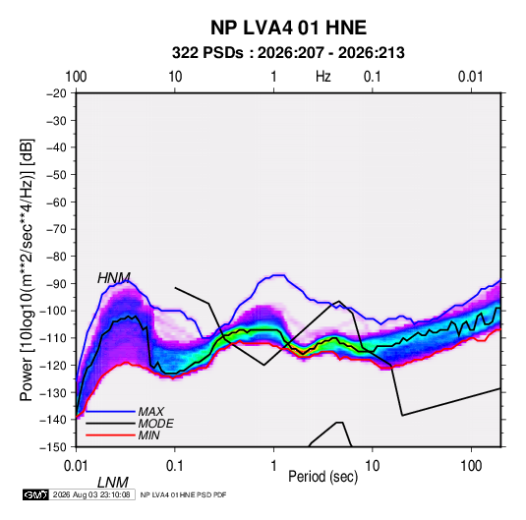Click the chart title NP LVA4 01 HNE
coord(288,28)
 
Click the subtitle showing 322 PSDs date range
coord(288,53)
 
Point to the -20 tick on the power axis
coord(56,93)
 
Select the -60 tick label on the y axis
coord(56,202)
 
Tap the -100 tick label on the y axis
coord(54,311)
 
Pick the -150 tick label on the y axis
coord(54,447)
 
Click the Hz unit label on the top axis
coord(323,77)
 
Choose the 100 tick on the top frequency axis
coord(76,77)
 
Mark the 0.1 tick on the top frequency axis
coord(373,77)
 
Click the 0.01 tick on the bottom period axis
coord(76,466)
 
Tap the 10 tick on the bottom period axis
coord(372,466)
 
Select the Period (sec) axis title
coord(323,477)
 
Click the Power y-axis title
coord(27,269)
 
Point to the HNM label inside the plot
coord(114,278)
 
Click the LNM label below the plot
coord(113,483)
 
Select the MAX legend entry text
coord(151,411)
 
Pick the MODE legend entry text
coord(155,424)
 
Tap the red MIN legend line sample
coord(110,435)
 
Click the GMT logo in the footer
coord(35,494)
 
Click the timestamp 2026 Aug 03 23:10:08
coord(91,494)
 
